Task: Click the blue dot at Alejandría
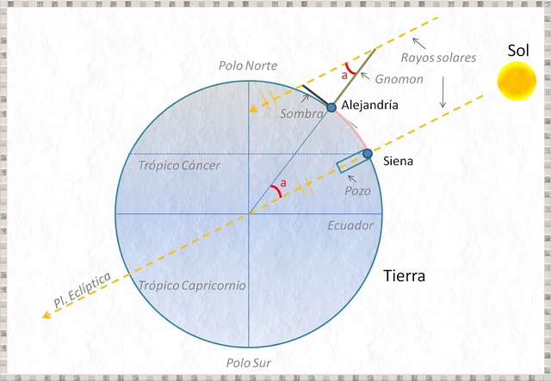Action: [x=331, y=108]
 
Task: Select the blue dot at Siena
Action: [x=368, y=154]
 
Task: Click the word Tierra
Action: [x=405, y=276]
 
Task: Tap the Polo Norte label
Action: [x=249, y=66]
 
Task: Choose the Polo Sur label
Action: [x=249, y=363]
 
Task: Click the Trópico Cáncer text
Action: [x=180, y=165]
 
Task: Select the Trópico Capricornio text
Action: [x=190, y=285]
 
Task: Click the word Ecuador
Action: [x=350, y=225]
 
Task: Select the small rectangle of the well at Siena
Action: [x=350, y=163]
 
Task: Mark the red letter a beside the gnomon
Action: [x=346, y=76]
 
